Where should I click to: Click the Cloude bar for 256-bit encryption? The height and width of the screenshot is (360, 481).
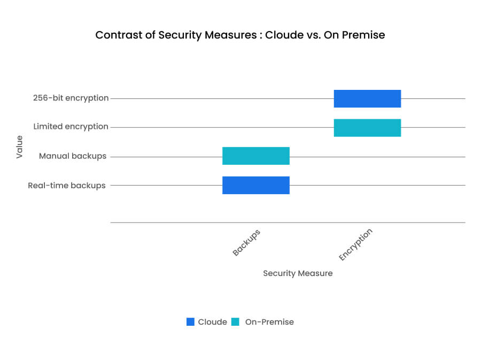click(x=367, y=99)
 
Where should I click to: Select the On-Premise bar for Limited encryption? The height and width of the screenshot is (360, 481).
click(x=367, y=128)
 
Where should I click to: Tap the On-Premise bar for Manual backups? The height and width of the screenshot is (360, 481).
click(x=256, y=156)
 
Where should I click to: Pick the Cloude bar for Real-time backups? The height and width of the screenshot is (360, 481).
click(x=256, y=185)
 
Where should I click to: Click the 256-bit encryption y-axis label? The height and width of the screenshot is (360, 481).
click(x=70, y=98)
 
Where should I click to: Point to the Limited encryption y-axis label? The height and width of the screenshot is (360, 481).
click(x=71, y=127)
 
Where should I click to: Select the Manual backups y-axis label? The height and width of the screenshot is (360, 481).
click(x=73, y=156)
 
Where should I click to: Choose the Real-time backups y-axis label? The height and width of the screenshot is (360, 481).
click(x=67, y=186)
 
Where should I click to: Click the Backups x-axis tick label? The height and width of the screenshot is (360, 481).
click(x=246, y=242)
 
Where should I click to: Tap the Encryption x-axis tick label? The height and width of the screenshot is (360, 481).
click(x=355, y=244)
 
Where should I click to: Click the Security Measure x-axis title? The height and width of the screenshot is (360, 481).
click(x=298, y=273)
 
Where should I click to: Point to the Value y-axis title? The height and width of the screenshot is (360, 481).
click(x=20, y=147)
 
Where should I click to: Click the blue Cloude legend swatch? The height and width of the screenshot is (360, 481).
click(x=191, y=322)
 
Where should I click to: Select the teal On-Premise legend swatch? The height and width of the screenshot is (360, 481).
click(x=235, y=322)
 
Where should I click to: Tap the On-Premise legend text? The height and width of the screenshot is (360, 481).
click(x=269, y=322)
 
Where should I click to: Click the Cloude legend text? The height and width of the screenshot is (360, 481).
click(x=212, y=322)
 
